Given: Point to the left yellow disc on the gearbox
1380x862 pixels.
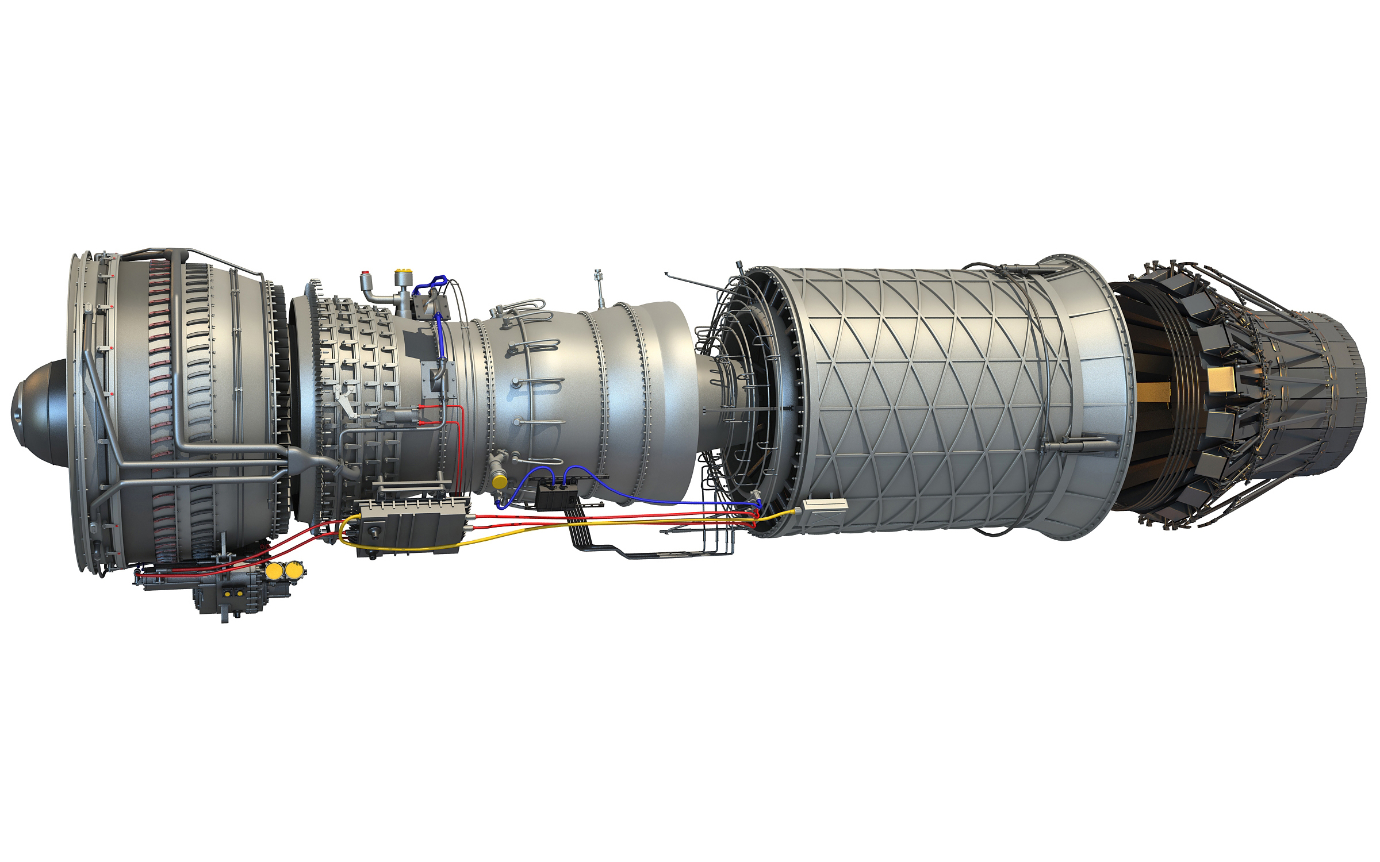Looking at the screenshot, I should tap(274, 571).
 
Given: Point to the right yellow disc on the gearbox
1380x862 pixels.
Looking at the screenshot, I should tap(294, 570).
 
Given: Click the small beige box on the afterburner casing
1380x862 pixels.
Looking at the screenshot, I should tap(825, 505).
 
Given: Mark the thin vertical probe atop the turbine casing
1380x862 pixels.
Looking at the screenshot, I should tap(599, 287).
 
